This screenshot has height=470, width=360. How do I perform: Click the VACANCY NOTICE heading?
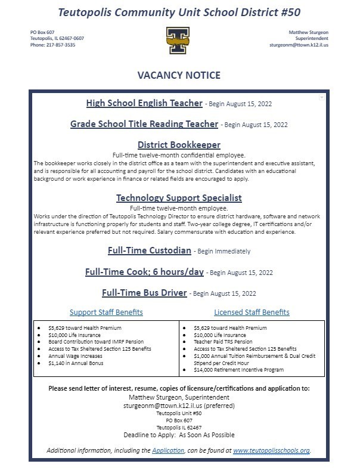click(179, 75)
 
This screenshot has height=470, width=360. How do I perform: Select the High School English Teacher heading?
click(144, 103)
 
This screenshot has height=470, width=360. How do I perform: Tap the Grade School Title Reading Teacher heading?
click(144, 124)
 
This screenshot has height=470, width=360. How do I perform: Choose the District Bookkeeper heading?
click(179, 145)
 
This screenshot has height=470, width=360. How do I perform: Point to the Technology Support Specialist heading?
click(179, 198)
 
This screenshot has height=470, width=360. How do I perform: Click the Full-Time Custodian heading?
click(150, 251)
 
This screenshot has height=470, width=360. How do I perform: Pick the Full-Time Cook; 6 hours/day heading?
click(145, 271)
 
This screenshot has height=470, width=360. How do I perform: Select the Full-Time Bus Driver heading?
click(145, 293)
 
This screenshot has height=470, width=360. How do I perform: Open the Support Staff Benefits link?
click(106, 313)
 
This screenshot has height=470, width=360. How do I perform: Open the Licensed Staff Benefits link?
click(252, 313)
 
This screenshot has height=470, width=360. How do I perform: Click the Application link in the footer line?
click(167, 450)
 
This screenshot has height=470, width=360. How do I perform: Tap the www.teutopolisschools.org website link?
click(271, 450)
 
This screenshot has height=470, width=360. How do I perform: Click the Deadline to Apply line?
click(179, 435)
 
